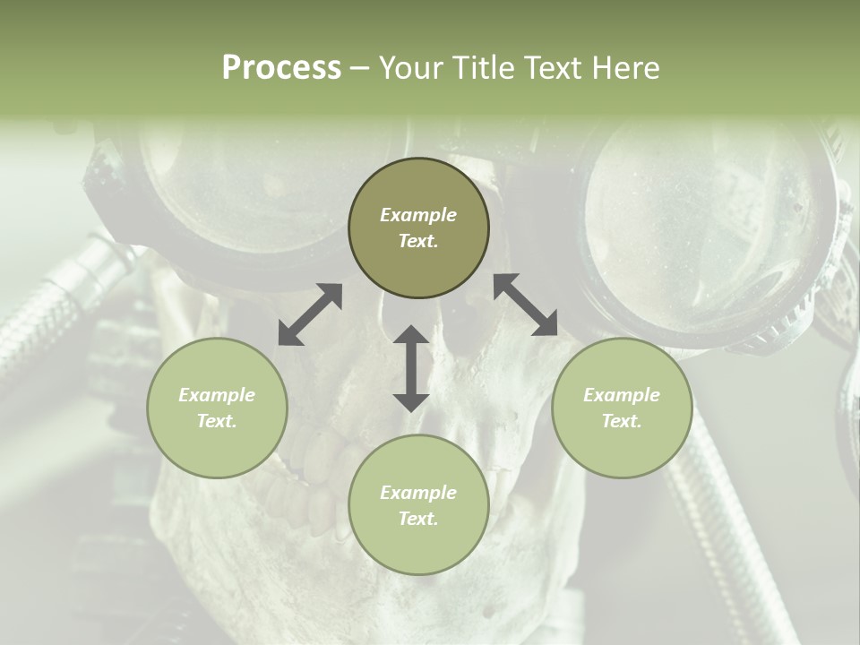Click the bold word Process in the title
pos(281,68)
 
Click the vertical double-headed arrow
pos(411,368)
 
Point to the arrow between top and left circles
pos(310,314)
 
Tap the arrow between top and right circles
pos(525,305)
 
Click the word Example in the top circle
pos(418,215)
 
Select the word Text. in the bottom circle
pos(418,519)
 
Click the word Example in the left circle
pos(217,395)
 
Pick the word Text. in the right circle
pos(622,421)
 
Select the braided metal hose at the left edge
pos(54,305)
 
